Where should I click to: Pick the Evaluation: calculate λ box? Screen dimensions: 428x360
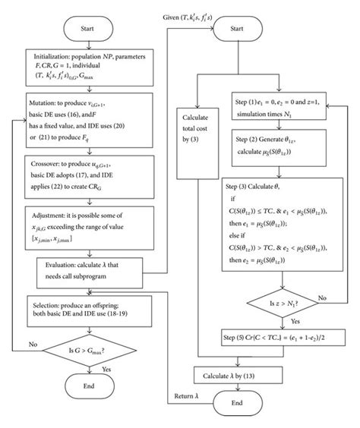(90, 269)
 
